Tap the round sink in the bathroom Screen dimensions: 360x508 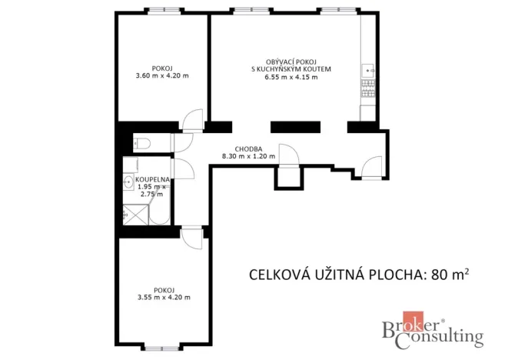(x=128, y=182)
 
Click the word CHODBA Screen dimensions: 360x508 (x=248, y=148)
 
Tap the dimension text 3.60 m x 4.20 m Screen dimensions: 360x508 (x=162, y=75)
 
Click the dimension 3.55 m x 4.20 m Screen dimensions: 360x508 (x=163, y=297)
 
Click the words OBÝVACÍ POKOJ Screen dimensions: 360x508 (x=285, y=61)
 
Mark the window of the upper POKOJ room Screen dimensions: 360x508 (x=163, y=10)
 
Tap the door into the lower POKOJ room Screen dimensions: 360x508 (x=192, y=238)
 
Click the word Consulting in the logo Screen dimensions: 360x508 (x=444, y=336)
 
